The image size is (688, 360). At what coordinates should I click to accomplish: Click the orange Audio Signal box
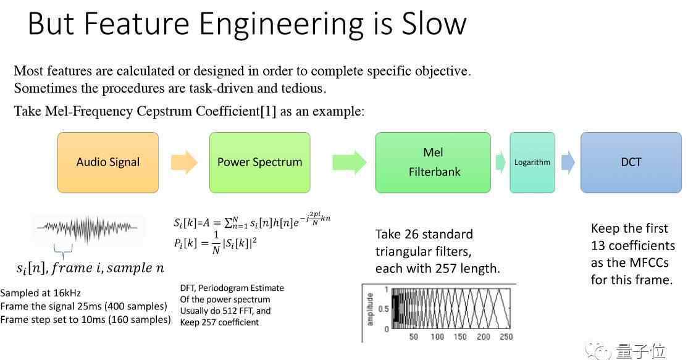[108, 162]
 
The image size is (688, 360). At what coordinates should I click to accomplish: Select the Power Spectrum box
[260, 162]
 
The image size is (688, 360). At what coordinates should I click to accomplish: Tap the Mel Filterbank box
[433, 162]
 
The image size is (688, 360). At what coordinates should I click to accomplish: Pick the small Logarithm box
[532, 162]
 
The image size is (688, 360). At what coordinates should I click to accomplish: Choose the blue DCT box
[631, 162]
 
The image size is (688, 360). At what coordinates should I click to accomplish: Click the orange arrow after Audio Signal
[184, 162]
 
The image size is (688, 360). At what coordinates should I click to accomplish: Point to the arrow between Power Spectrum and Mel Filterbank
[350, 162]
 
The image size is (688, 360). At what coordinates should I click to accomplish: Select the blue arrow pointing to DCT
[568, 162]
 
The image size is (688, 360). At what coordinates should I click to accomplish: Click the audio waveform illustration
[87, 228]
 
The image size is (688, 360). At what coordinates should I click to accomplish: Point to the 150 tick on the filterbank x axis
[460, 337]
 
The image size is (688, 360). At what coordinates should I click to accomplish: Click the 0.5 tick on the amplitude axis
[383, 309]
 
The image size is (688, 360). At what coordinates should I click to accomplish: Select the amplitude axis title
[370, 309]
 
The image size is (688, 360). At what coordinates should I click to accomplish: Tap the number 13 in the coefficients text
[598, 246]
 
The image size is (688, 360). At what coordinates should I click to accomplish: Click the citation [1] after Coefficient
[269, 111]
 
